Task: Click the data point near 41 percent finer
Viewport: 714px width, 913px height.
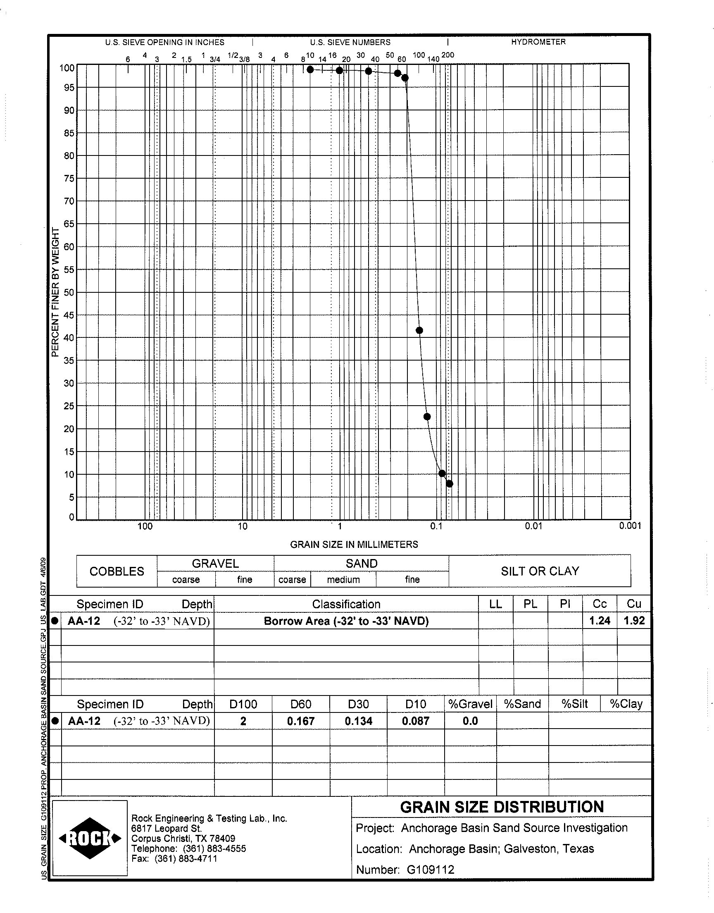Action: (x=419, y=330)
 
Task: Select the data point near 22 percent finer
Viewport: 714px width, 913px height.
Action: (x=427, y=416)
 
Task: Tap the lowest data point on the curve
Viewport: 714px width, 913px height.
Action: (x=450, y=484)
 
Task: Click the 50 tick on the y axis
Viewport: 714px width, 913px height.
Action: (x=69, y=292)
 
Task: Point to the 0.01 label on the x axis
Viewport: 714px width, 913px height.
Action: (x=533, y=526)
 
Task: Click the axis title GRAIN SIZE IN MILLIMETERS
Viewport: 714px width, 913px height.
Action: (x=354, y=544)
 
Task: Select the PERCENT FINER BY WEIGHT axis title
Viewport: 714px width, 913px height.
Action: (x=55, y=292)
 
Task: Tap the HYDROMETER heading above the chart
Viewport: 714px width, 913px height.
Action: (x=538, y=42)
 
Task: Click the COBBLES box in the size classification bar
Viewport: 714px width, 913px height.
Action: (x=117, y=571)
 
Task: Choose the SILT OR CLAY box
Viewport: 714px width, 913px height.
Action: (x=540, y=571)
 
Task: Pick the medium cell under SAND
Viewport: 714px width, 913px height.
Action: (x=343, y=580)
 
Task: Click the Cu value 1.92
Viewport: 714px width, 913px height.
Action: (x=634, y=621)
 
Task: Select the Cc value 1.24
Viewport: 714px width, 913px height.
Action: (x=600, y=621)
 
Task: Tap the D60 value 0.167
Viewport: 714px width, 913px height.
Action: (x=300, y=721)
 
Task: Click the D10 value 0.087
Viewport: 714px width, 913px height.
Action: (x=416, y=721)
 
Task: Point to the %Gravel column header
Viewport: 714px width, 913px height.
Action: (x=470, y=704)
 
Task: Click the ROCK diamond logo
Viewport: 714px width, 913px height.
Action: (x=90, y=838)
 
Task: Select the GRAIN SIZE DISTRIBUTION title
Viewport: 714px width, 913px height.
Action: (x=502, y=807)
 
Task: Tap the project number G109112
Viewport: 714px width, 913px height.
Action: (x=430, y=870)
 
